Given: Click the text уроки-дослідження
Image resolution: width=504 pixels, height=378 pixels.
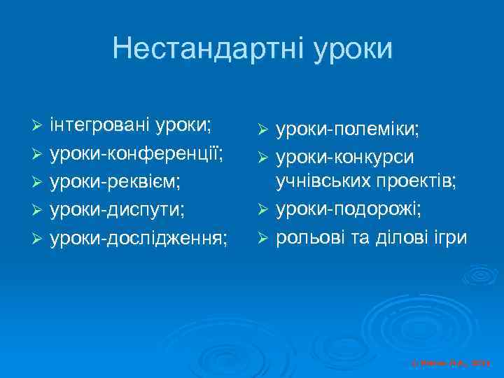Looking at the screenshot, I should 139,237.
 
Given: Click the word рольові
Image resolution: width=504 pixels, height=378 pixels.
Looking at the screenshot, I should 308,237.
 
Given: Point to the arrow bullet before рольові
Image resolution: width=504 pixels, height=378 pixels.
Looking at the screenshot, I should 263,238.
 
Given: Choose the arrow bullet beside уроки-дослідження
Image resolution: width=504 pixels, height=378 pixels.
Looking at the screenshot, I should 38,238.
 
